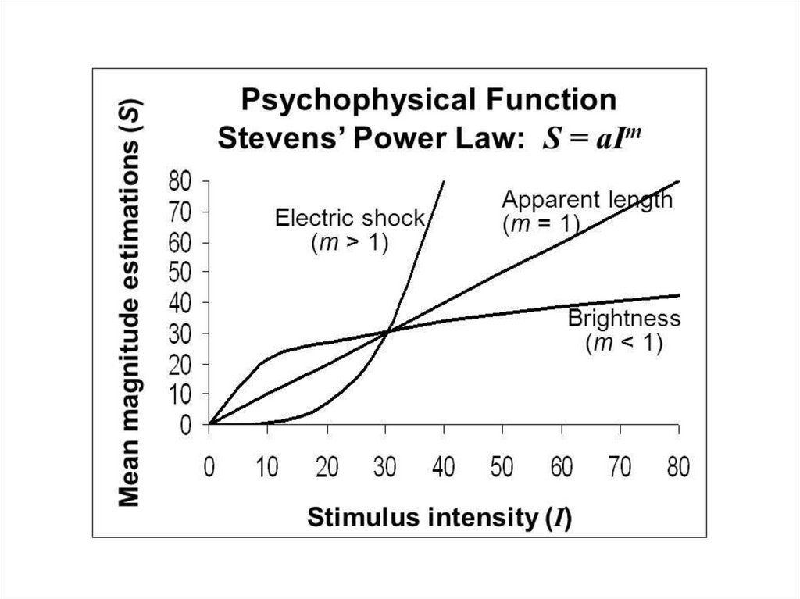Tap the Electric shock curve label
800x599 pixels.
tap(349, 217)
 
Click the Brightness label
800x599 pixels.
tap(624, 319)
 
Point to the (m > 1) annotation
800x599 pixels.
tap(349, 243)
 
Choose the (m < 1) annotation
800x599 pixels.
tap(624, 344)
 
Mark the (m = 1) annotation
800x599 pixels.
tap(540, 224)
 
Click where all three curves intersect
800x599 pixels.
tap(386, 332)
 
